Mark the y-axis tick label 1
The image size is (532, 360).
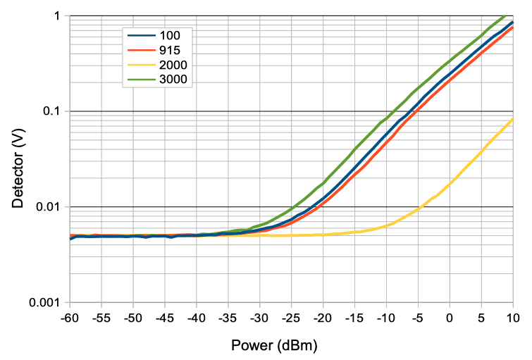point(59,15)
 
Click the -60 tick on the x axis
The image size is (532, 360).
point(69,318)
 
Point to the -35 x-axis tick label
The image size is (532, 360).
point(228,318)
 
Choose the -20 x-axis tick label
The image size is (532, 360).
point(323,318)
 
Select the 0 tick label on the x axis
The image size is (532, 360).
point(450,318)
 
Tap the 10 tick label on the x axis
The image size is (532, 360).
point(512,318)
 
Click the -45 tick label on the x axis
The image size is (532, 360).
point(164,318)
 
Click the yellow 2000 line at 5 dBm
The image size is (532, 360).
point(481,152)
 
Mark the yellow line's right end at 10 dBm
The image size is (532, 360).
point(512,119)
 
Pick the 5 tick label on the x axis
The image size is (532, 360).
point(481,318)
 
